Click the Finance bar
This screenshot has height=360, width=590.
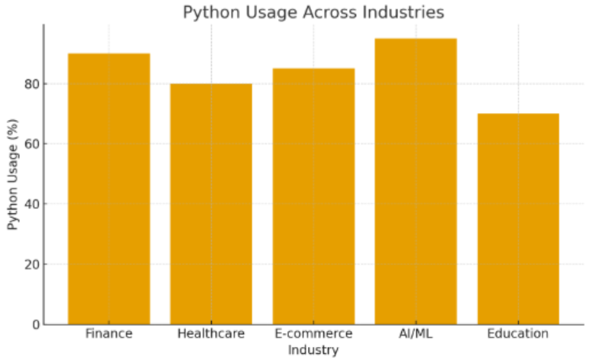pos(109,189)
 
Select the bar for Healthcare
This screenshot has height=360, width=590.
pos(211,204)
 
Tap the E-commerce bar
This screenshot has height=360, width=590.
pos(313,196)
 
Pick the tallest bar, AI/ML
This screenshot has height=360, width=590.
pos(416,181)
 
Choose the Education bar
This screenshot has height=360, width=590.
pos(518,219)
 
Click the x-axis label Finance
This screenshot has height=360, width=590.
pos(109,334)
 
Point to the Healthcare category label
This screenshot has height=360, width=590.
pos(211,334)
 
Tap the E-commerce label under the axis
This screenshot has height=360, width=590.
pos(313,334)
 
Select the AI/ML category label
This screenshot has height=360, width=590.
pos(416,334)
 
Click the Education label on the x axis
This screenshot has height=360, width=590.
pos(518,334)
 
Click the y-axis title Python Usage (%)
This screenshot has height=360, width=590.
pos(13,174)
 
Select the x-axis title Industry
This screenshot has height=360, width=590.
pos(313,350)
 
